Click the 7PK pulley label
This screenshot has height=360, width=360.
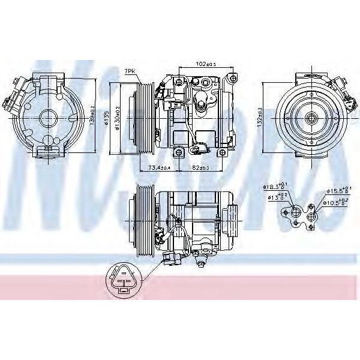click(x=130, y=71)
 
